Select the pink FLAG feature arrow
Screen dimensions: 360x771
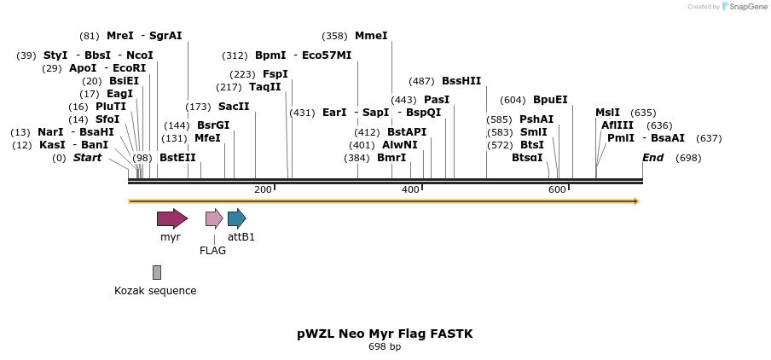click(214, 218)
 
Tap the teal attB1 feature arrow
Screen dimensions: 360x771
click(236, 218)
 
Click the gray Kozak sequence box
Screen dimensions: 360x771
click(157, 272)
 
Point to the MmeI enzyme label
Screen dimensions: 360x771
click(371, 36)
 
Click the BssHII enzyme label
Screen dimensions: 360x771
click(461, 81)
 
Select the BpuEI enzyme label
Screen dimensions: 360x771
click(550, 100)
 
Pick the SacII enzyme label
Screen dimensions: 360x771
click(234, 107)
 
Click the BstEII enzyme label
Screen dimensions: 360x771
click(177, 158)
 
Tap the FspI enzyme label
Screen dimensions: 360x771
click(275, 74)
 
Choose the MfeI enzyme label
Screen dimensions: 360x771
click(207, 138)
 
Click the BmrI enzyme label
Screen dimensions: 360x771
click(391, 158)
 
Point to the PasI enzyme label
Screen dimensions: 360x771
click(437, 100)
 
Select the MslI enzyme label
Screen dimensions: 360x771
click(608, 113)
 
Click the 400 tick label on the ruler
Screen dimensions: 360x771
click(410, 189)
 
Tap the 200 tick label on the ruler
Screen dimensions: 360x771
click(263, 189)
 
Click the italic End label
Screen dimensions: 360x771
click(652, 158)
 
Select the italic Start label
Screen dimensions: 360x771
click(87, 158)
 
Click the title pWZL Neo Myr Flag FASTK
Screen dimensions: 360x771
click(385, 334)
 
